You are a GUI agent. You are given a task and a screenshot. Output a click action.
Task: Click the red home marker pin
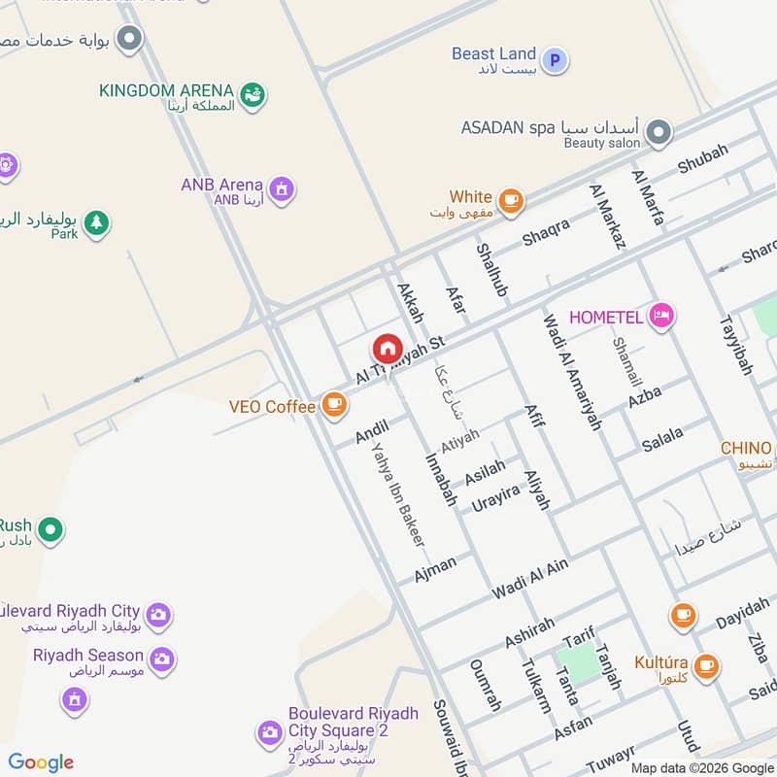[387, 348]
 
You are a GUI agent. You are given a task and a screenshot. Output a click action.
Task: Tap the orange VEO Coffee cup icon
[334, 405]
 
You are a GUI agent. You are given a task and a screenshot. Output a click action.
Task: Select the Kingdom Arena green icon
[253, 94]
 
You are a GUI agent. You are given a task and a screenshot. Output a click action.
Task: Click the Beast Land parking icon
[555, 61]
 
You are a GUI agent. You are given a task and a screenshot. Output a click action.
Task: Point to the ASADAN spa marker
[659, 132]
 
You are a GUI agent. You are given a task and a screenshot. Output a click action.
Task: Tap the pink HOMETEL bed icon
[661, 316]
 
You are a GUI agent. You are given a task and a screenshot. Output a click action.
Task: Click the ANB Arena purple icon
[282, 187]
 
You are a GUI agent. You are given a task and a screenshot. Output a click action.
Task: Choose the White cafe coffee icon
[511, 202]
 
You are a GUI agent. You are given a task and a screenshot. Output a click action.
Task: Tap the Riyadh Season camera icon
[161, 659]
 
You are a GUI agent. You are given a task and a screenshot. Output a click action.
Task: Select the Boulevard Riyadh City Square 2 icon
[269, 732]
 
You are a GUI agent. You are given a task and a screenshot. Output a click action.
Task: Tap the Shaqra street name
[546, 231]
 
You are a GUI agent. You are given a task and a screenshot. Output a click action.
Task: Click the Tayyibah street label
[735, 345]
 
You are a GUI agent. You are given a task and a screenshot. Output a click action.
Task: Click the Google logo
[41, 762]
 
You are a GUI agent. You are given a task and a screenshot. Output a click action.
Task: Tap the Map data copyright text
[702, 768]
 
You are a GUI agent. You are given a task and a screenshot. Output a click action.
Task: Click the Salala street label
[662, 439]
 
